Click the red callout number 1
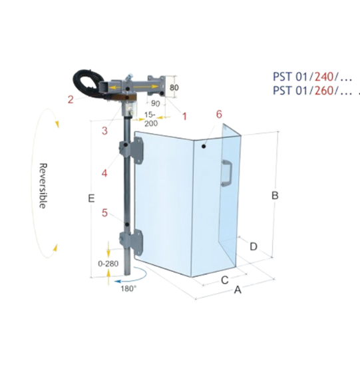click(x=184, y=116)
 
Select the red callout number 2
click(x=71, y=100)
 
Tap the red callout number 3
click(x=104, y=131)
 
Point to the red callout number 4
click(x=104, y=173)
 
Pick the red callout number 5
click(x=104, y=213)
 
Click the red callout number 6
click(x=219, y=114)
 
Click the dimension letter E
click(x=91, y=198)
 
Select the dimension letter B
click(x=275, y=195)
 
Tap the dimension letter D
click(x=254, y=246)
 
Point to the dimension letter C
click(x=225, y=280)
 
